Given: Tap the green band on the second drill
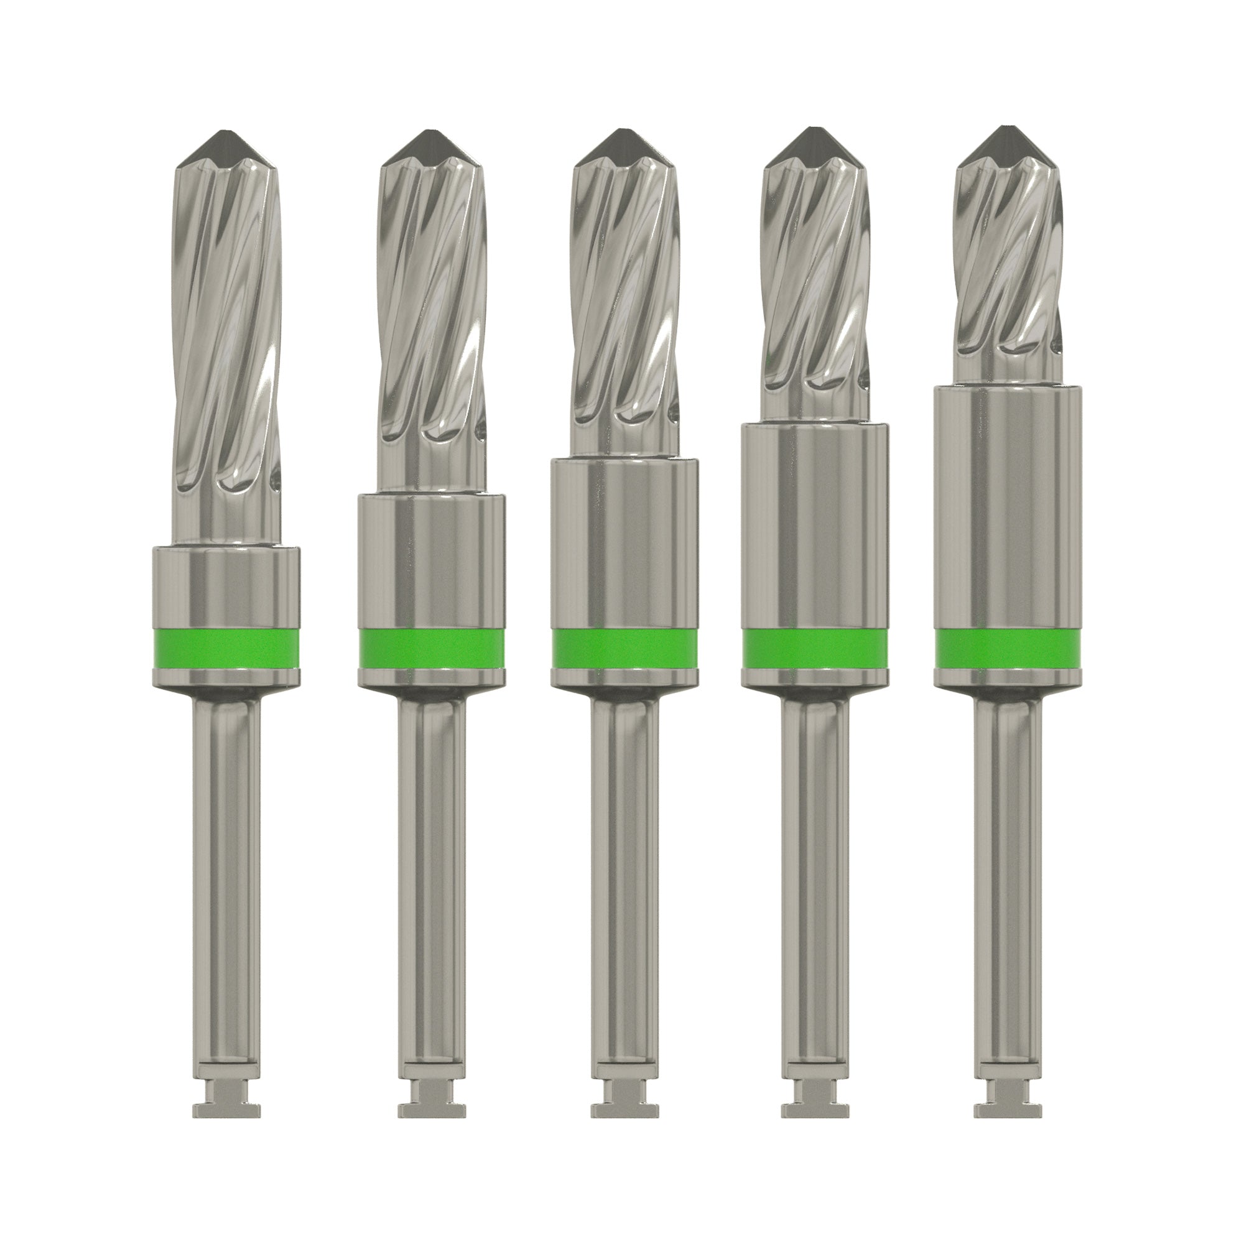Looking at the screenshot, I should point(432,648).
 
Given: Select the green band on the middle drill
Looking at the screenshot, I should point(624,648).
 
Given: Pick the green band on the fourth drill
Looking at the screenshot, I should point(815,648).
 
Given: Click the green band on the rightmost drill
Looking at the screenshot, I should point(1008,648).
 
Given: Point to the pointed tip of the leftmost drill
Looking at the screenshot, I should point(226,141).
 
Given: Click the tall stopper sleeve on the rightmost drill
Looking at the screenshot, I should point(1008,502).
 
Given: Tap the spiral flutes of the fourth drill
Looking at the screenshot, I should point(815,271).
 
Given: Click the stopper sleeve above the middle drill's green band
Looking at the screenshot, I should point(624,541).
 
